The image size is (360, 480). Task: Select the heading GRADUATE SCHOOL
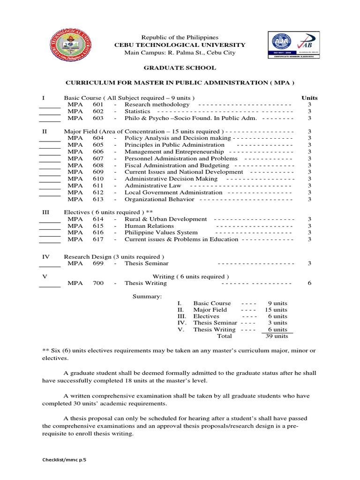click(180, 68)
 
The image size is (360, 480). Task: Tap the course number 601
click(98, 105)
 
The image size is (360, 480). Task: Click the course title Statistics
click(137, 112)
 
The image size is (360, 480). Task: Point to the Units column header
click(309, 98)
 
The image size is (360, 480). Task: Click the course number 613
click(98, 199)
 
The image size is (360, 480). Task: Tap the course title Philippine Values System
click(161, 232)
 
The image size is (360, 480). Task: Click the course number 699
click(98, 263)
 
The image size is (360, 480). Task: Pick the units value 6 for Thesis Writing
click(309, 283)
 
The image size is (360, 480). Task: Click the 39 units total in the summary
click(277, 336)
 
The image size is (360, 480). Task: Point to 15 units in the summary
click(276, 310)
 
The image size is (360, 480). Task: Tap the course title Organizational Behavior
click(159, 199)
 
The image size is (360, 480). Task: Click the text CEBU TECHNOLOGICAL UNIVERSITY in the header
click(180, 45)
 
